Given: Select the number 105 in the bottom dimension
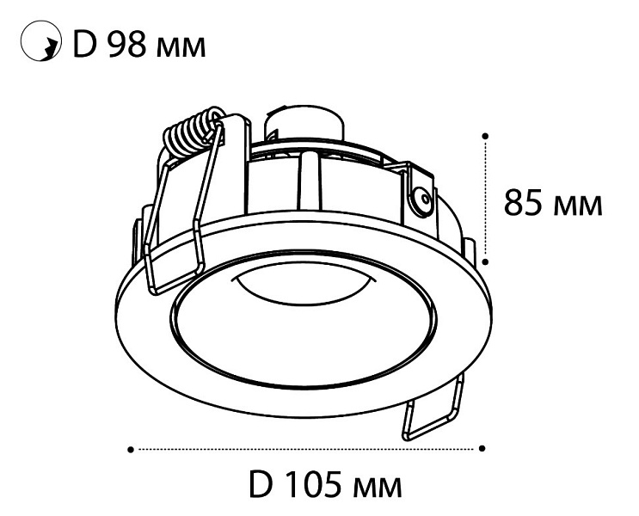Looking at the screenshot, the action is (311, 484).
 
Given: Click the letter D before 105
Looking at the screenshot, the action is (260, 484).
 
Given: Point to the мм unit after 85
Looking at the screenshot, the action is (577, 206).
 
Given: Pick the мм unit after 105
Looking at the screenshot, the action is (376, 488).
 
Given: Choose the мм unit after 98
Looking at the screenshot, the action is (181, 47).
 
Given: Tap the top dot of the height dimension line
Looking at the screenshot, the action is (485, 135).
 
